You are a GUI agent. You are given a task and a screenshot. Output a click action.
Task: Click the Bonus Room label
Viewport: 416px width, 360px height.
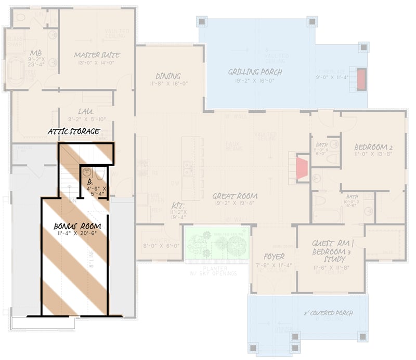click(77, 226)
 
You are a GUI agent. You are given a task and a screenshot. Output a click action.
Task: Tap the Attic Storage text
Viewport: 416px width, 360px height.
click(73, 131)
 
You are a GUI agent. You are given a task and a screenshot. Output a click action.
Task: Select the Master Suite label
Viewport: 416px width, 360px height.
click(97, 55)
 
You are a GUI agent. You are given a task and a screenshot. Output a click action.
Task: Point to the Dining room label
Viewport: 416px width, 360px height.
click(168, 76)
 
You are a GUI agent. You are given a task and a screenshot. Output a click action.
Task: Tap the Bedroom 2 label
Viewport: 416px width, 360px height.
click(373, 146)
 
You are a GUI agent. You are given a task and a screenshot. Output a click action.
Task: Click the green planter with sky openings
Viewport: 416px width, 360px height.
click(217, 243)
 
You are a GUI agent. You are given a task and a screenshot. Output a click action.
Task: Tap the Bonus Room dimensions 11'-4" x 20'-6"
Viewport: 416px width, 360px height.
click(77, 235)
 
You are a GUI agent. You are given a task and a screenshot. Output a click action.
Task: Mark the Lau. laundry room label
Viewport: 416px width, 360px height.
click(86, 111)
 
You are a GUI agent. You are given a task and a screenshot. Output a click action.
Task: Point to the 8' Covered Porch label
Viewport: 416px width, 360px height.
click(328, 313)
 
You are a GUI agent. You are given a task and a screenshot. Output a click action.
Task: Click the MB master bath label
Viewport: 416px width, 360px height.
click(36, 52)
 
